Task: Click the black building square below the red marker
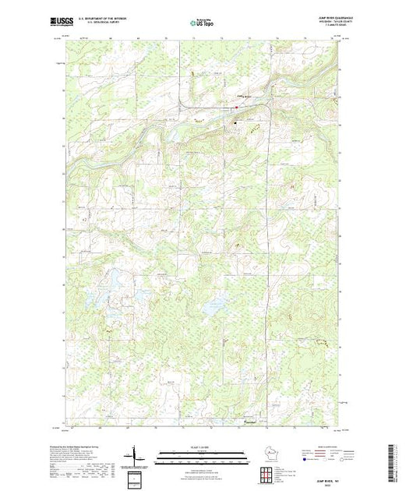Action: tap(251, 121)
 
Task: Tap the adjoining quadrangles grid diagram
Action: tap(269, 473)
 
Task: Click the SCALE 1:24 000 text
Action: tap(203, 446)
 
